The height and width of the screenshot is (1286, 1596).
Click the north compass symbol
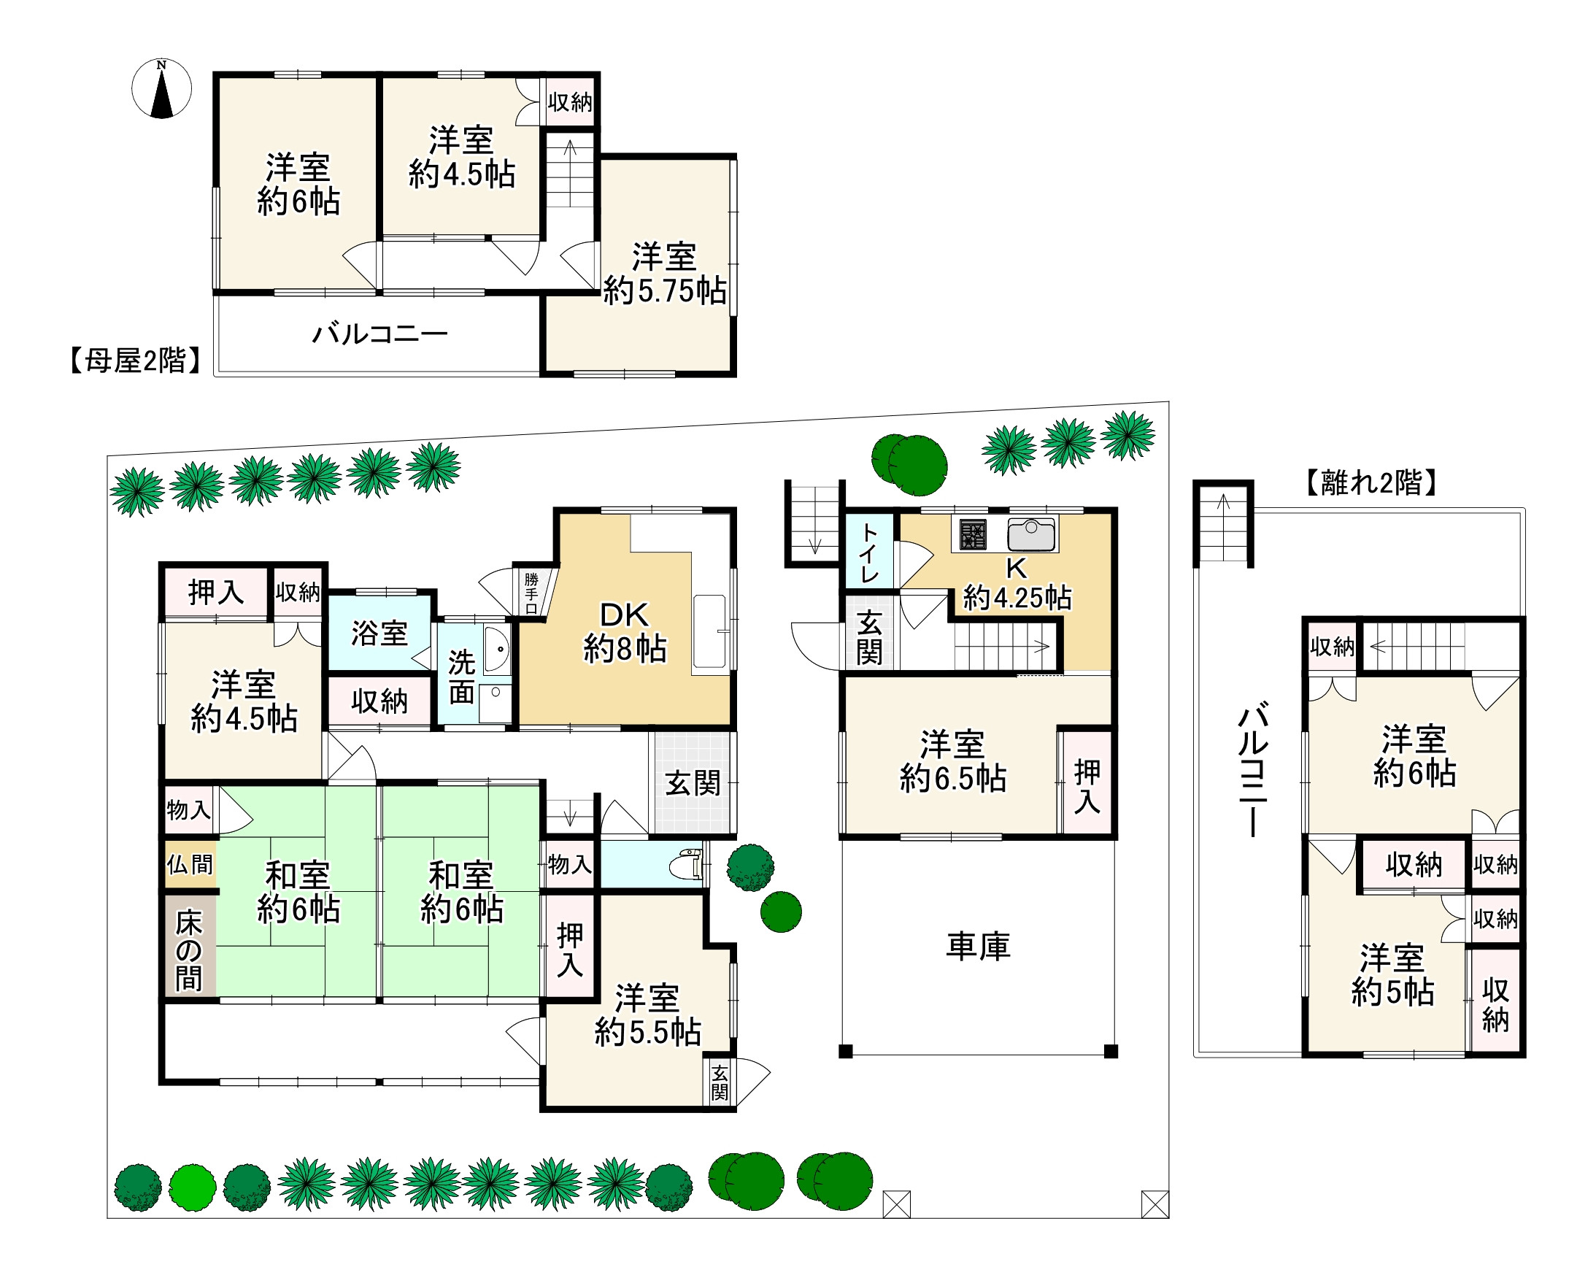click(161, 88)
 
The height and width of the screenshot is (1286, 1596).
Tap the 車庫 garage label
click(978, 947)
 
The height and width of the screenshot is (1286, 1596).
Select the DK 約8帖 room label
click(625, 632)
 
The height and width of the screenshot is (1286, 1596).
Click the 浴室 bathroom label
click(379, 634)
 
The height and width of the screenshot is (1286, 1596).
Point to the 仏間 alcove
click(190, 863)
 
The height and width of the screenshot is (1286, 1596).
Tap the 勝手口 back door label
click(531, 593)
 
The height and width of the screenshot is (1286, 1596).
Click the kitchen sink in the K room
click(1031, 535)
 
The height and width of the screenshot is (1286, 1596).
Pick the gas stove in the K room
click(972, 534)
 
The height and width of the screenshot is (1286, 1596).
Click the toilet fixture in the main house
click(687, 863)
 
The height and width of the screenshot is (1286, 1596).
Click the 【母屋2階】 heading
click(136, 360)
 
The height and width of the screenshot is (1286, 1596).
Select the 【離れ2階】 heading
click(1370, 482)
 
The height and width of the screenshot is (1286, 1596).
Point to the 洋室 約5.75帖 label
click(664, 274)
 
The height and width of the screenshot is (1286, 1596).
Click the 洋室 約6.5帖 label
click(952, 761)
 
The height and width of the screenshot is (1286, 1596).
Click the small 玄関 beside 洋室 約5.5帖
click(720, 1082)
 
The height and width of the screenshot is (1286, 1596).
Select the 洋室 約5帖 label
click(1392, 975)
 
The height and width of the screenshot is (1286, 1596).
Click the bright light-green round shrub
click(193, 1187)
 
